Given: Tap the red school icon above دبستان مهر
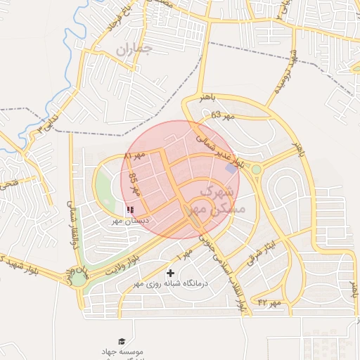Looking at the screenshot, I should (x=130, y=209).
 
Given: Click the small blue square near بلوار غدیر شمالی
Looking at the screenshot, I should (x=231, y=168).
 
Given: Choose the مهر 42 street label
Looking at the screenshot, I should (x=269, y=302).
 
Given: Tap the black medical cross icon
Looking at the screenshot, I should (x=170, y=273).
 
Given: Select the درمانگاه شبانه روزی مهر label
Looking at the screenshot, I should (x=172, y=285).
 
